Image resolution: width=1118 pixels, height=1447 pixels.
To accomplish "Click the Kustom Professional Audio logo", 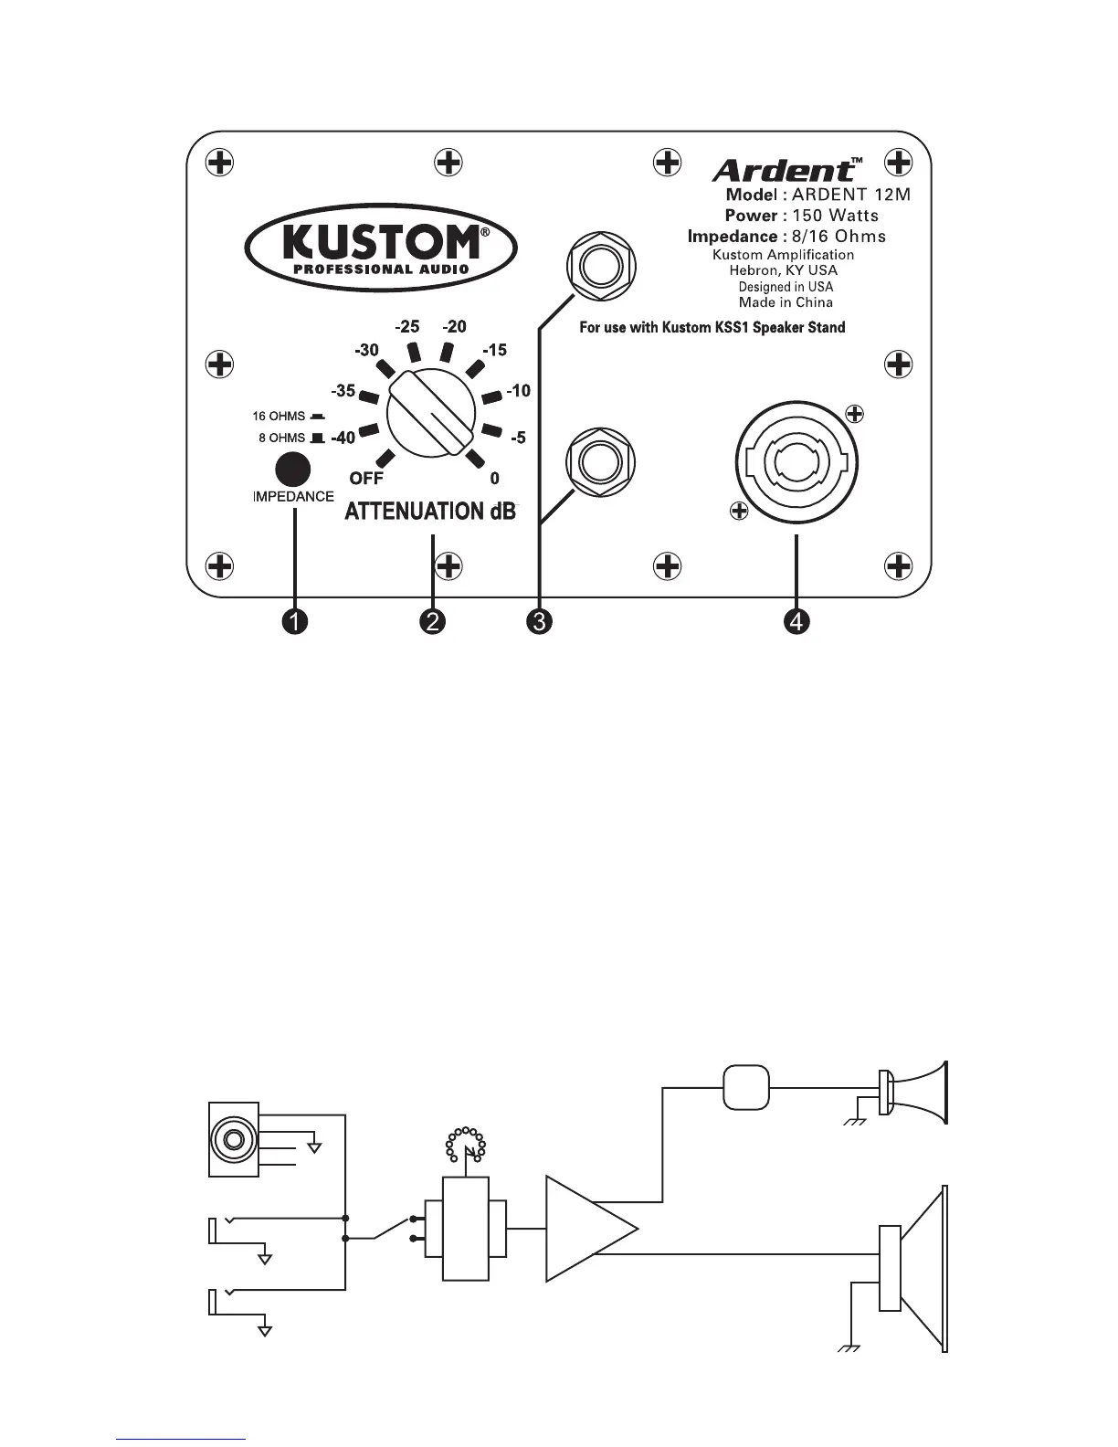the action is [x=380, y=246].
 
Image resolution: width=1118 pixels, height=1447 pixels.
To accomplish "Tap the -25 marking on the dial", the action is [x=407, y=327].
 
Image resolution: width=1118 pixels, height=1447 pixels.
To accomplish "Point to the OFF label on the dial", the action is [x=366, y=478].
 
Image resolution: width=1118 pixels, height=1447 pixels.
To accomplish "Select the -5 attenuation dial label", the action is [x=518, y=438].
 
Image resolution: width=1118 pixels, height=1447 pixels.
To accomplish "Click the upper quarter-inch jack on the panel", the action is [x=601, y=268].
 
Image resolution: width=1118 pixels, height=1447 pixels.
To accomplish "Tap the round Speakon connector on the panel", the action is [x=796, y=463].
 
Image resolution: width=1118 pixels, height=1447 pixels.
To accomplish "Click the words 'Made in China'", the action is [x=786, y=302].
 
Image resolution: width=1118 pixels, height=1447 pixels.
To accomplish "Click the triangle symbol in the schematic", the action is [x=585, y=1228].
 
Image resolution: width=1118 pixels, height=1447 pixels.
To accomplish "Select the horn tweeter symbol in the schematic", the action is [x=913, y=1093].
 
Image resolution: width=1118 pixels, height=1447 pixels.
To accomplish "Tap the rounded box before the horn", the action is [x=746, y=1087].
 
